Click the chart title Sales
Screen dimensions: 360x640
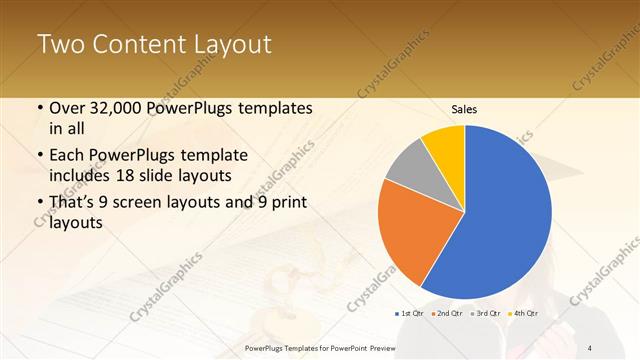(465, 109)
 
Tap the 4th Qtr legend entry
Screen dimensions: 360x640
(523, 314)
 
